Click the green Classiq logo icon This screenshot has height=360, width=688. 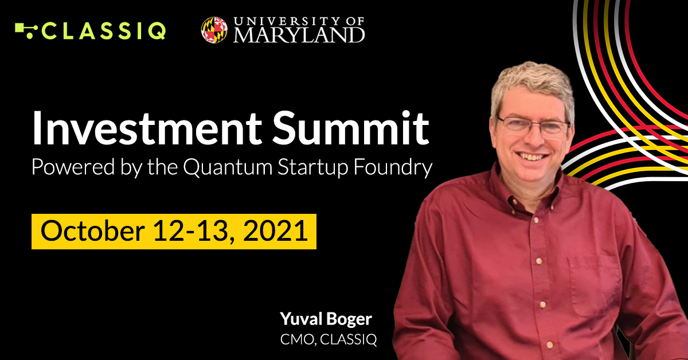(x=26, y=29)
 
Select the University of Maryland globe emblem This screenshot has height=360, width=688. (x=214, y=30)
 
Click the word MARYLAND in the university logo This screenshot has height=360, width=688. (x=299, y=35)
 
